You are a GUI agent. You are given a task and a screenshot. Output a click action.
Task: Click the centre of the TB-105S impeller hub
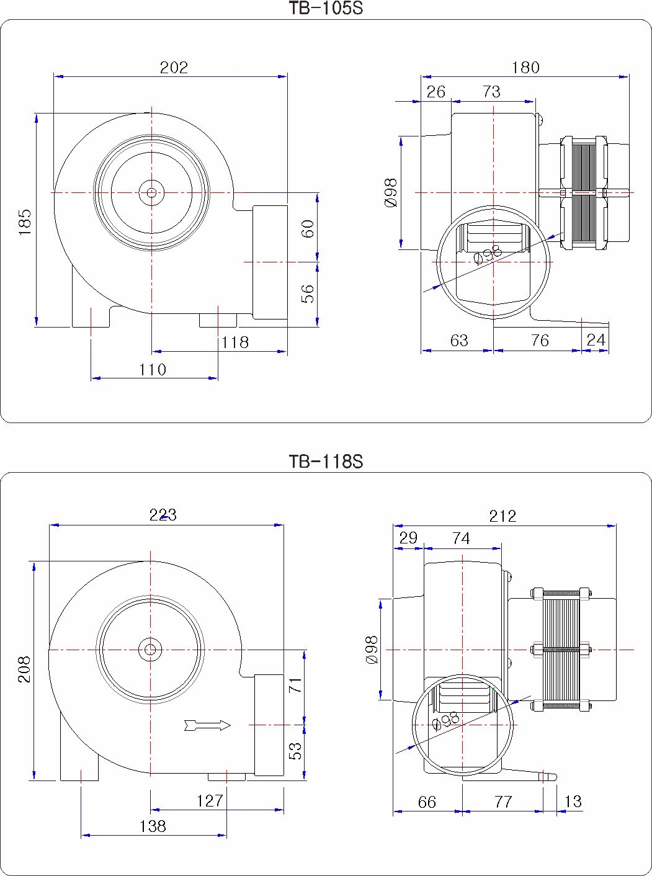[x=151, y=193]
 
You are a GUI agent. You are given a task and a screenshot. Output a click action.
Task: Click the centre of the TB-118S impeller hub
[x=150, y=650]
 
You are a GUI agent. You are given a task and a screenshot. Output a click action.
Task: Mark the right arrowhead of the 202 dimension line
[x=282, y=76]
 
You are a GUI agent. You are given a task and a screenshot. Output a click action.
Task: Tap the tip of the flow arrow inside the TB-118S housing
[x=231, y=725]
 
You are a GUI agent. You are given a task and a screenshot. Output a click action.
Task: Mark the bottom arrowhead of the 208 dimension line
[x=34, y=776]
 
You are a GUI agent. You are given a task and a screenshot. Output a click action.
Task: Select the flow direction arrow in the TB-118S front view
[x=208, y=725]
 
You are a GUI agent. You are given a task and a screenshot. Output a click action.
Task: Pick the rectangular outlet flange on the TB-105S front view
[x=270, y=262]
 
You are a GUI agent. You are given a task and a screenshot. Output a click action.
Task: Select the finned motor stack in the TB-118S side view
[x=561, y=650]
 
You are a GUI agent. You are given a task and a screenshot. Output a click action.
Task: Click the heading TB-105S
[x=326, y=8]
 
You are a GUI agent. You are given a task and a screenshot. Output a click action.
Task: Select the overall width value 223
[x=163, y=515]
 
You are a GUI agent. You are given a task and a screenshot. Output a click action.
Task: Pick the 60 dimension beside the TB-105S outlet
[x=307, y=229]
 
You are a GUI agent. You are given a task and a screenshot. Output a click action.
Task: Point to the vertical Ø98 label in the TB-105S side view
[x=391, y=193]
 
